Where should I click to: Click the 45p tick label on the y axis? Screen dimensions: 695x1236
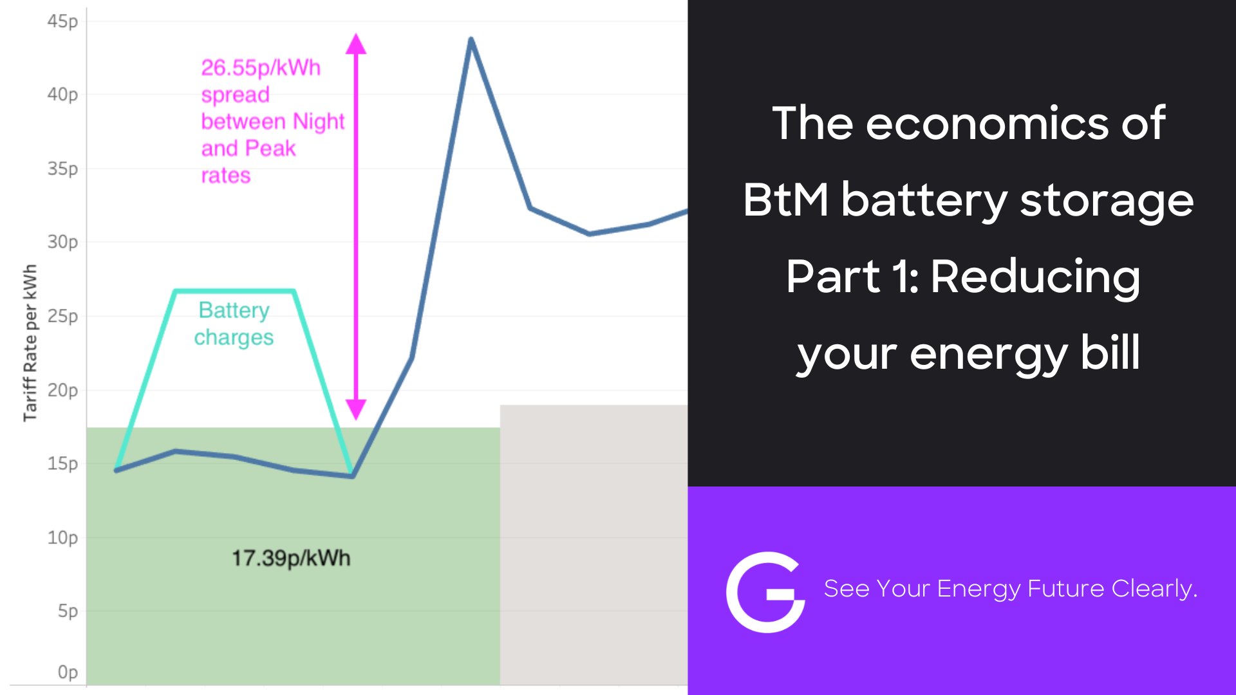tap(62, 22)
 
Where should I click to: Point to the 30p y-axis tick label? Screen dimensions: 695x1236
tap(62, 243)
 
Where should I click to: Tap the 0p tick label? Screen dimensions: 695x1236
tap(68, 672)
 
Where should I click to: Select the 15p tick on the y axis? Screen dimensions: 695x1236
tap(62, 464)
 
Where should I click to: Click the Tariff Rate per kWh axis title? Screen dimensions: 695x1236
tap(30, 342)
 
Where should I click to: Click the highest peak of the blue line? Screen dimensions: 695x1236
tap(471, 40)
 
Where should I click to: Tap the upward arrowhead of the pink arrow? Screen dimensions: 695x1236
tap(356, 44)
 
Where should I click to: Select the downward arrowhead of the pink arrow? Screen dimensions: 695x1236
tap(356, 409)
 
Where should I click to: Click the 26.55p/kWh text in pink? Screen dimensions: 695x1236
tap(261, 68)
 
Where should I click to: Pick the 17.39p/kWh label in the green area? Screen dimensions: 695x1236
tap(291, 558)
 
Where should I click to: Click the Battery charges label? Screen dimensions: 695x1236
tap(234, 324)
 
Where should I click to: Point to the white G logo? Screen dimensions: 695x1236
tap(765, 592)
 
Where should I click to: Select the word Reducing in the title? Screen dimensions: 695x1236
tap(1035, 277)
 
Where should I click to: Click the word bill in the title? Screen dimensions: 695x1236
tap(1110, 353)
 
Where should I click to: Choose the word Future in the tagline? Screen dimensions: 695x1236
tap(1065, 589)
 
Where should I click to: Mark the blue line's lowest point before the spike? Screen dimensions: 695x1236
tap(352, 476)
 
